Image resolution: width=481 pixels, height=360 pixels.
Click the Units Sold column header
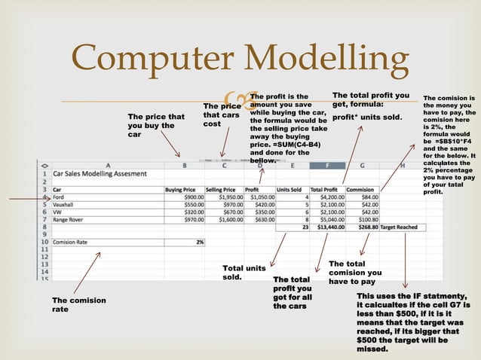tap(293, 190)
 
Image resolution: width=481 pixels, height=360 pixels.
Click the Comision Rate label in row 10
tap(72, 242)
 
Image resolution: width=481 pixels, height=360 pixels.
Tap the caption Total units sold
tap(244, 272)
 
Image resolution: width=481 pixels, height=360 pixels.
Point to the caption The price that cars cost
tap(221, 114)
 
